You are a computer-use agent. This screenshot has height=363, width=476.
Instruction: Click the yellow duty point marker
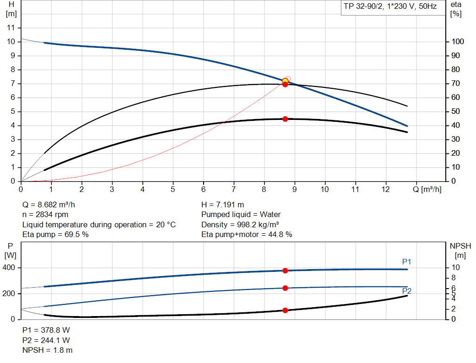tap(285, 81)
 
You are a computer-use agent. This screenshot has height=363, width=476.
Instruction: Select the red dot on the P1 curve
tap(285, 271)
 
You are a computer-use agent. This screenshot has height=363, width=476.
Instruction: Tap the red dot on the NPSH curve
tap(285, 310)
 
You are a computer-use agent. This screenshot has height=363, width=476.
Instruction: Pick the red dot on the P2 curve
tap(285, 288)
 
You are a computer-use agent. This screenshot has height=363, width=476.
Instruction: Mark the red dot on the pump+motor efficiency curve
tap(285, 119)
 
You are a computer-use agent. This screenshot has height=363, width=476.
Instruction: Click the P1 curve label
tap(407, 262)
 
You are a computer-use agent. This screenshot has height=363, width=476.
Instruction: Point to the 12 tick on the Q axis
tap(385, 190)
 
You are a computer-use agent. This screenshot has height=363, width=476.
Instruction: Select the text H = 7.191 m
tap(223, 205)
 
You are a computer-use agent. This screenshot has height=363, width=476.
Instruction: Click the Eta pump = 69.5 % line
tap(56, 235)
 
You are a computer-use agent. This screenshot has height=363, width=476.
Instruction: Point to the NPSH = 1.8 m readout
tap(47, 350)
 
